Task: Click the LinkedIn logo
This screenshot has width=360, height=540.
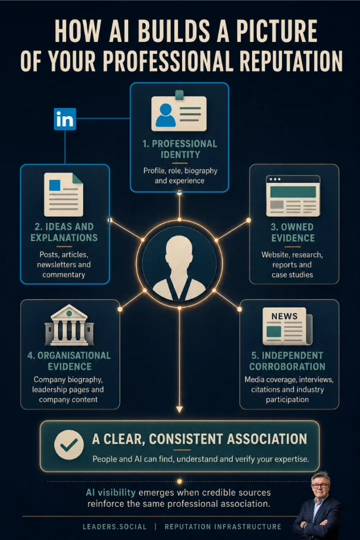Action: (x=65, y=119)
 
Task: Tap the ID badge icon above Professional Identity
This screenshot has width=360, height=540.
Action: (x=179, y=111)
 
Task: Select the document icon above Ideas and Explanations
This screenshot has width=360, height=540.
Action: (x=63, y=194)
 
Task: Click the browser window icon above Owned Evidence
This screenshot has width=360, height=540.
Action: (x=293, y=195)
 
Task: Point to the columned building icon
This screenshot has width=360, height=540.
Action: (x=69, y=325)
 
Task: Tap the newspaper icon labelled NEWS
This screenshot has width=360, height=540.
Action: (x=287, y=326)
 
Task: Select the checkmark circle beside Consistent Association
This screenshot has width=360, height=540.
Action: (x=69, y=444)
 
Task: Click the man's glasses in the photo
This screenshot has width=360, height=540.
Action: (x=319, y=485)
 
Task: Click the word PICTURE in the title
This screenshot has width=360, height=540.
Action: (x=277, y=31)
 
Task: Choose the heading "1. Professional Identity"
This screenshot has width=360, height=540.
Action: (x=180, y=149)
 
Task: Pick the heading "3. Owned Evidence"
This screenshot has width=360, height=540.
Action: (x=292, y=232)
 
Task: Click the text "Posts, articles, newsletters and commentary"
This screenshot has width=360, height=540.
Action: (x=63, y=264)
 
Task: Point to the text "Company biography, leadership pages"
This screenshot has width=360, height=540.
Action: (x=68, y=384)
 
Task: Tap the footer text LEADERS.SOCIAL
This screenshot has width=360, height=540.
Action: (x=114, y=527)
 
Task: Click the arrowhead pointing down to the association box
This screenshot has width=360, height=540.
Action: (x=179, y=409)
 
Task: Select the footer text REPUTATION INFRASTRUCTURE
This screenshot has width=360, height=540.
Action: (x=223, y=527)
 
